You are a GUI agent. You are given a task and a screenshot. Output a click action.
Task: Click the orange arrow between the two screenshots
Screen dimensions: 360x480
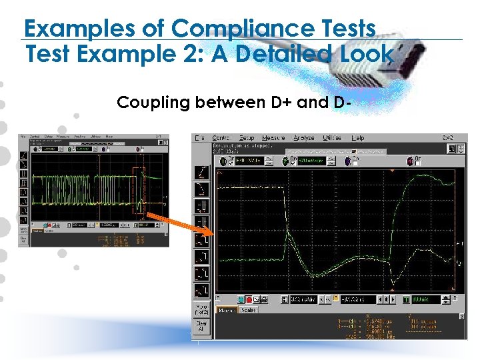tap(179, 224)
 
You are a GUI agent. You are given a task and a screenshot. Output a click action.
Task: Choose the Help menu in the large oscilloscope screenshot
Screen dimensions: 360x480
tap(358, 138)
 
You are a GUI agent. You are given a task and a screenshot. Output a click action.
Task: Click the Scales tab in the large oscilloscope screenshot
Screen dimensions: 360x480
tap(248, 310)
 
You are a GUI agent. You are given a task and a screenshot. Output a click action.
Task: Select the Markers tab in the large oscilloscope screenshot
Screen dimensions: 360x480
tap(229, 310)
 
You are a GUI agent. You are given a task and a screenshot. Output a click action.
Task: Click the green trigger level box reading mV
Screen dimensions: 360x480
tap(425, 299)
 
